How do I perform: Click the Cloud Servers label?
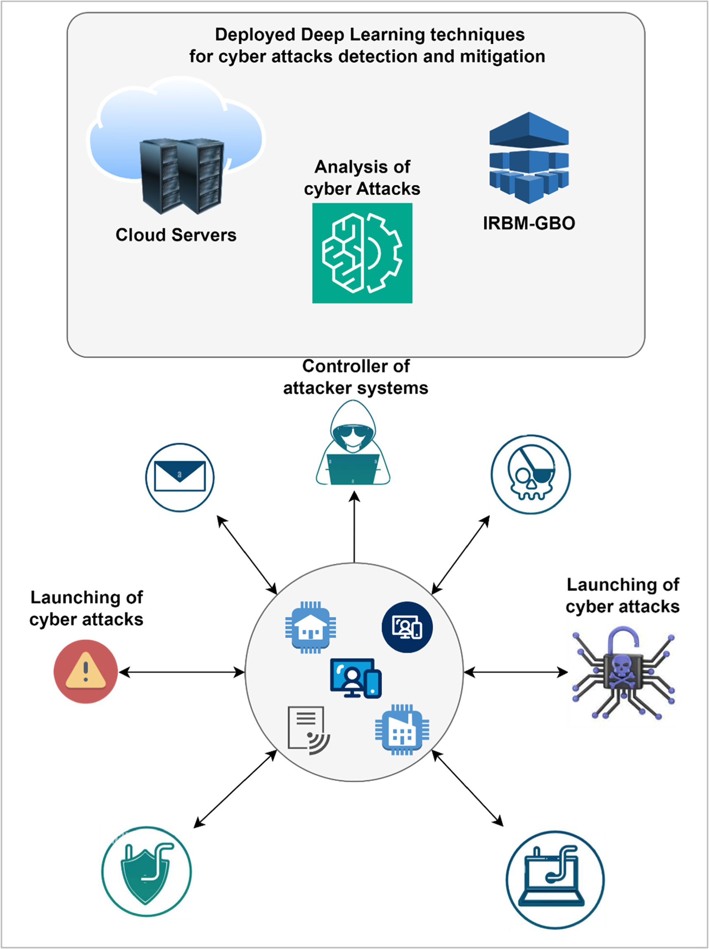click(x=176, y=235)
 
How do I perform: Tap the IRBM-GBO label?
click(x=529, y=223)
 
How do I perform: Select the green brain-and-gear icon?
click(x=362, y=253)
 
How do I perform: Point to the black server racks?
click(x=182, y=176)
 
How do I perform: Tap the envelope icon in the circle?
click(x=180, y=477)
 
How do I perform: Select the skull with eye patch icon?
click(x=531, y=475)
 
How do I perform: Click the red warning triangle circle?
click(x=85, y=672)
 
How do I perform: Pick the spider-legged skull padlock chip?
click(x=623, y=674)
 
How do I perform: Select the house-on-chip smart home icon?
click(x=310, y=627)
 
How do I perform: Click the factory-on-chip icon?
click(x=402, y=729)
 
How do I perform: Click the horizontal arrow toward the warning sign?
click(x=182, y=672)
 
